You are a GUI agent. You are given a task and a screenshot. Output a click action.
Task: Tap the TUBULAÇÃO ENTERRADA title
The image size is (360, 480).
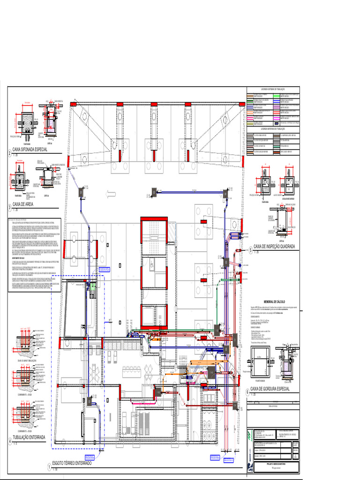pyautogui.click(x=29, y=437)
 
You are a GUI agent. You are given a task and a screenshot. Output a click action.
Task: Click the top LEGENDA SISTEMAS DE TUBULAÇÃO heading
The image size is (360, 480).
pyautogui.click(x=273, y=89)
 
